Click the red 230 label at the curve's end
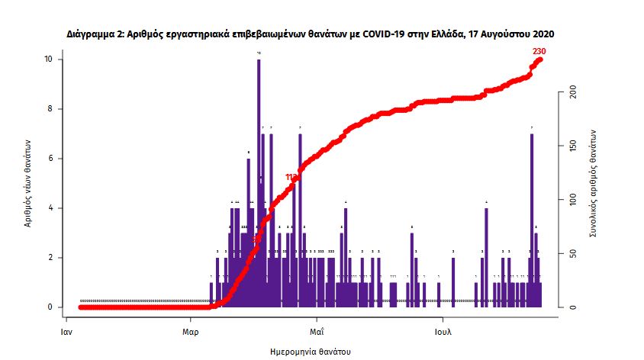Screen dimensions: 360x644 539,51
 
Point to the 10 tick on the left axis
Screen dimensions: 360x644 48,59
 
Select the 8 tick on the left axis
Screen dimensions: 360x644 50,109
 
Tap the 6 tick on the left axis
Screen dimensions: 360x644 50,159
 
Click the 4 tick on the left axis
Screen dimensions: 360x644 50,208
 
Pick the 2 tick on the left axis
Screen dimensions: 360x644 50,258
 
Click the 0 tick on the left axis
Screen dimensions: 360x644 50,307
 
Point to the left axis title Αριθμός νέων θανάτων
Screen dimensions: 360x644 27,183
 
